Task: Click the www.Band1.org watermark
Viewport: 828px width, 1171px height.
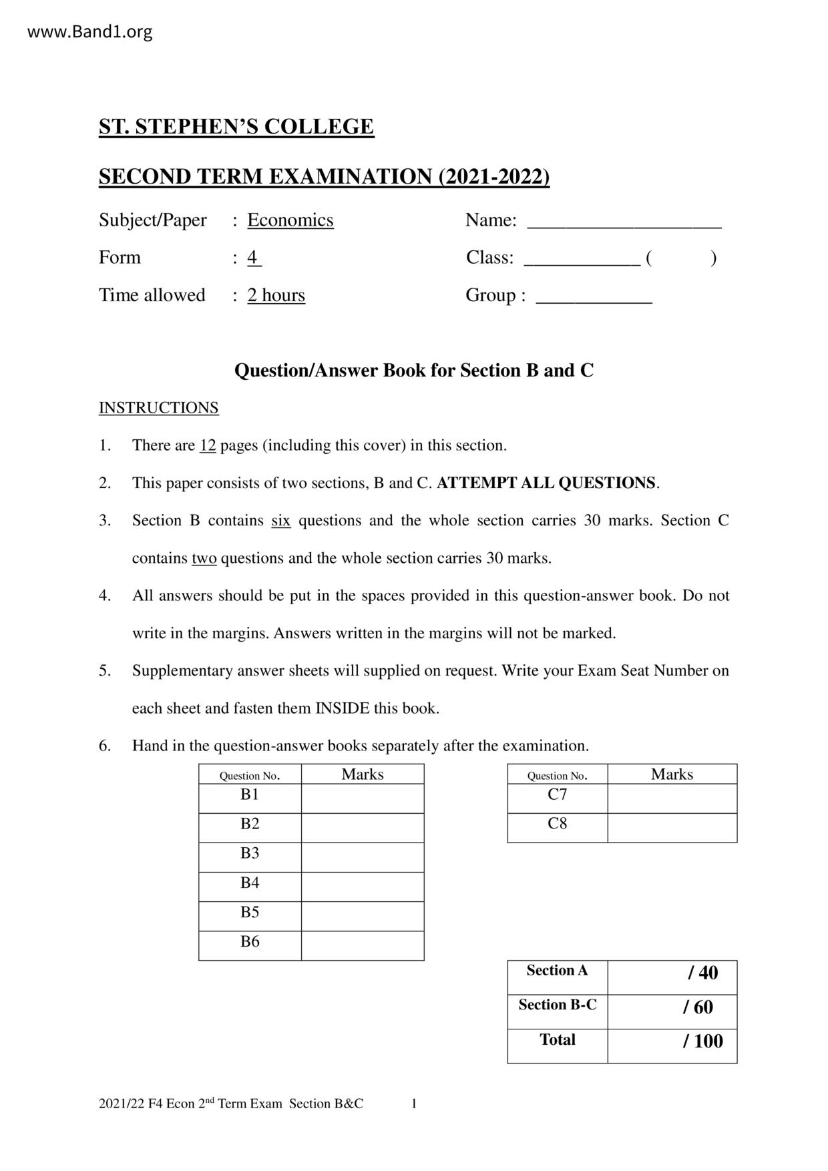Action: (x=89, y=31)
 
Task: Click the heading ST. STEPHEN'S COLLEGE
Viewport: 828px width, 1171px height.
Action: (x=236, y=127)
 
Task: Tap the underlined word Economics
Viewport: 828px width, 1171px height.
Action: (x=290, y=220)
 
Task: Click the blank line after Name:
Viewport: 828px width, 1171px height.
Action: (x=624, y=223)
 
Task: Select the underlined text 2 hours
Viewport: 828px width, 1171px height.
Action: (x=276, y=295)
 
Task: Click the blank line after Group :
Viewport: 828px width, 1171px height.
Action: (x=594, y=298)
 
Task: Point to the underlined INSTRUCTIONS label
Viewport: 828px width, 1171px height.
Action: (x=158, y=408)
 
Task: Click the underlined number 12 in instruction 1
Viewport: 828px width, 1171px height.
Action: (x=207, y=445)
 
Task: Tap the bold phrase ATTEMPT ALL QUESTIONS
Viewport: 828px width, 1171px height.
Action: (x=546, y=483)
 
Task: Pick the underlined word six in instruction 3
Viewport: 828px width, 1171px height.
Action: (x=280, y=520)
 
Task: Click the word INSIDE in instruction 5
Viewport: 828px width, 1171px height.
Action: (x=342, y=708)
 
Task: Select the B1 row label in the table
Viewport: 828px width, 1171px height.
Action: (x=250, y=794)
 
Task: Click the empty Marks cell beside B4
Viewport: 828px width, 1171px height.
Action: (x=363, y=887)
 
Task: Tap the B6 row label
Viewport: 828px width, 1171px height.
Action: (x=250, y=942)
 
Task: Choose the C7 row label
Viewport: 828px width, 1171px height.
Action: (x=557, y=794)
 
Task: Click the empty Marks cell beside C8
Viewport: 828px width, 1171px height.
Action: (x=672, y=827)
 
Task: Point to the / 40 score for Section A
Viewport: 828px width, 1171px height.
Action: (x=702, y=973)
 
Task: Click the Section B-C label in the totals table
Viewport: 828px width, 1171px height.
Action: (x=557, y=1005)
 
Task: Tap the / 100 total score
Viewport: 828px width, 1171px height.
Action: (x=702, y=1041)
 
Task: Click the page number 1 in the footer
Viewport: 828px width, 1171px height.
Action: (x=414, y=1104)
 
